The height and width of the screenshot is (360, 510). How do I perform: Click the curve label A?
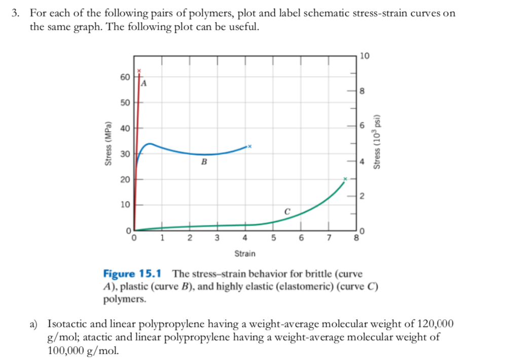click(x=144, y=83)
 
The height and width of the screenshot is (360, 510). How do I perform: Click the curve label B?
click(x=204, y=163)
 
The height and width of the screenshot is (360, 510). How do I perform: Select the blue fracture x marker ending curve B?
click(x=249, y=146)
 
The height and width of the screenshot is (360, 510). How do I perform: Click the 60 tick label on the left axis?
click(x=125, y=77)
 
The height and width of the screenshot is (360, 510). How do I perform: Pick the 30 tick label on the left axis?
click(x=125, y=154)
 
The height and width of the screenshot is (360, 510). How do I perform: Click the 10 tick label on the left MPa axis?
click(x=125, y=205)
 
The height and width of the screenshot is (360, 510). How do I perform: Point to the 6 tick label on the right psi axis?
click(x=362, y=125)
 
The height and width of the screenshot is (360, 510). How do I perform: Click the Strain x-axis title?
click(x=245, y=253)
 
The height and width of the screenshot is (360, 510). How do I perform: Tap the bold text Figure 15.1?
click(x=132, y=274)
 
